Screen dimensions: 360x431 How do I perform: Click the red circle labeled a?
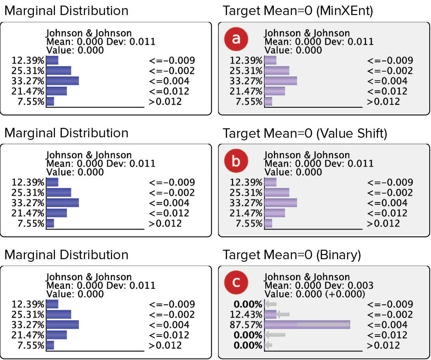coord(236,39)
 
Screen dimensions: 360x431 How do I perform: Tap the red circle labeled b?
coord(236,161)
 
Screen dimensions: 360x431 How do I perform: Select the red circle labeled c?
coord(236,283)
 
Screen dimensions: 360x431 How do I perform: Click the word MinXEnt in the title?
coord(348,11)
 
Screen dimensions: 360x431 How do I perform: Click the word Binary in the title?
coord(338,255)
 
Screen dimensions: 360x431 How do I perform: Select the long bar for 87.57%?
coord(307,325)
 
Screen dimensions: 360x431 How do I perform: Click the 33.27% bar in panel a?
coord(281,81)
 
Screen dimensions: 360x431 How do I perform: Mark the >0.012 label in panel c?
coord(383,345)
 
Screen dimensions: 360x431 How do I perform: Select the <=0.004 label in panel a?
coord(387,81)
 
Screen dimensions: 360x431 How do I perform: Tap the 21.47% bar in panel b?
coord(275,213)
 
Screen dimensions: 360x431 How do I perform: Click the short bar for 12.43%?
coord(270,315)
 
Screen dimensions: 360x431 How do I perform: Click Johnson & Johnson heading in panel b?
coord(307,155)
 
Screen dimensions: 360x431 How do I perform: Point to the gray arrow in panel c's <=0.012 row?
coord(275,335)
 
